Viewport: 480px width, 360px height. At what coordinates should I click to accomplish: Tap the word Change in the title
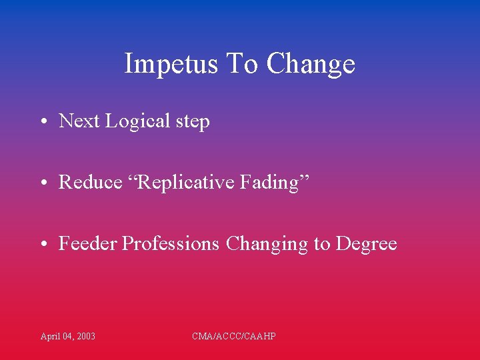pos(311,65)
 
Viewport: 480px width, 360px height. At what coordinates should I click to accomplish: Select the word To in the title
pos(242,65)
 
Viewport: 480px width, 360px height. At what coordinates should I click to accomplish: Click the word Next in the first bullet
pos(79,121)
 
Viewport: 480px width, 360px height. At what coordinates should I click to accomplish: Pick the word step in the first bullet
pos(193,122)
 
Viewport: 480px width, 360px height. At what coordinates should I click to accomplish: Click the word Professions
pos(171,244)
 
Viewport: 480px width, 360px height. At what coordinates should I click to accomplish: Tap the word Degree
pos(366,244)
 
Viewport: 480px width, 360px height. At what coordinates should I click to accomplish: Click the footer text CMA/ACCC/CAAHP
pos(234,336)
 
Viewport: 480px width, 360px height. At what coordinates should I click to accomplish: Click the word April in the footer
pos(49,336)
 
